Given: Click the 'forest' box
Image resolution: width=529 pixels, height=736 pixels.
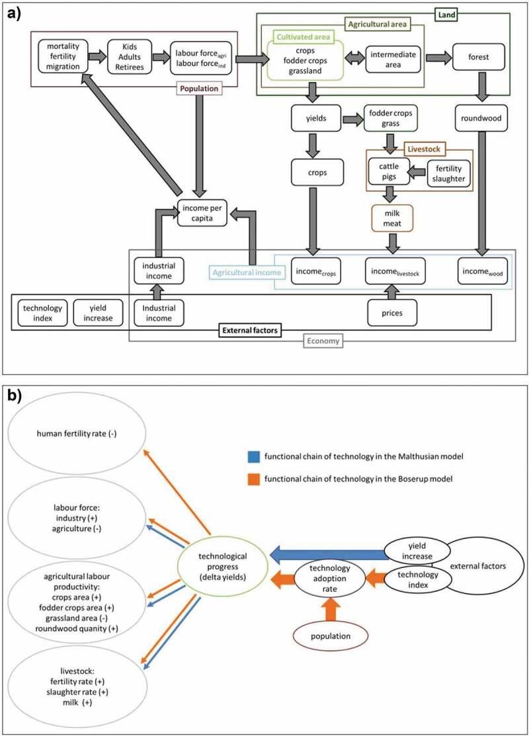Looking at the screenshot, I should coord(479,57).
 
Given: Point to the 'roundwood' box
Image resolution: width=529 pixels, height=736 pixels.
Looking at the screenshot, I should coord(479,120).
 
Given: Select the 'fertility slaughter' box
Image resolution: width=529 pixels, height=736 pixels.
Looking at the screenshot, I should coord(448,174).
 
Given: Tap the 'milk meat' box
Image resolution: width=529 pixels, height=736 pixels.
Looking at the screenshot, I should coord(393,217).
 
